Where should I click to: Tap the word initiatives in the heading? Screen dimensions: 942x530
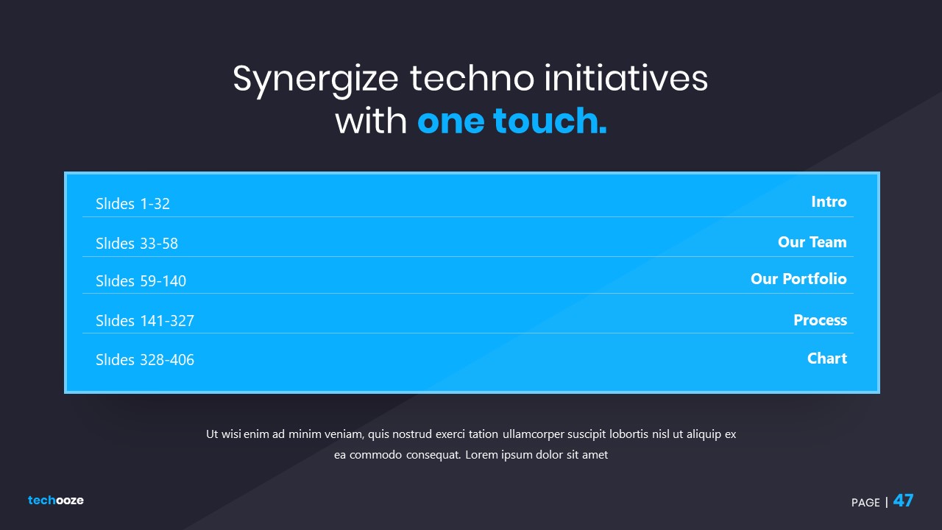tap(626, 77)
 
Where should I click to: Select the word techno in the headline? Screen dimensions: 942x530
tap(472, 78)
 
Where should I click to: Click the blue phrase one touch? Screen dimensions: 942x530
tap(511, 121)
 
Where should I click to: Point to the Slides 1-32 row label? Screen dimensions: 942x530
tap(132, 204)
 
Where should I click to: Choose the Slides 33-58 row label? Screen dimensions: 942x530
tap(137, 243)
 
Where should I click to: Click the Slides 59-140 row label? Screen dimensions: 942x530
tap(141, 280)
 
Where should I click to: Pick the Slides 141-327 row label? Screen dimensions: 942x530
tap(145, 320)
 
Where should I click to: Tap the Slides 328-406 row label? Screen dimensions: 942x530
tap(145, 360)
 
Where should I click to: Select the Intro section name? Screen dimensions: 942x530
tap(829, 202)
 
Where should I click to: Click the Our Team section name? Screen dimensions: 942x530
tap(812, 242)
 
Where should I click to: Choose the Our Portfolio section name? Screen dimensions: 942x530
tap(798, 278)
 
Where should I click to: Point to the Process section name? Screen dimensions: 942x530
tap(820, 320)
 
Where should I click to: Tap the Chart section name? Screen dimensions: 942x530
tap(826, 358)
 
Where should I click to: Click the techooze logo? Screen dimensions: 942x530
tap(55, 500)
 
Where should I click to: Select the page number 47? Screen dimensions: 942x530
tap(903, 501)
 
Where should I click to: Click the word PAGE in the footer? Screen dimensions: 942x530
tap(865, 502)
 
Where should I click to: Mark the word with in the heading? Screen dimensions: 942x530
tap(371, 121)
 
